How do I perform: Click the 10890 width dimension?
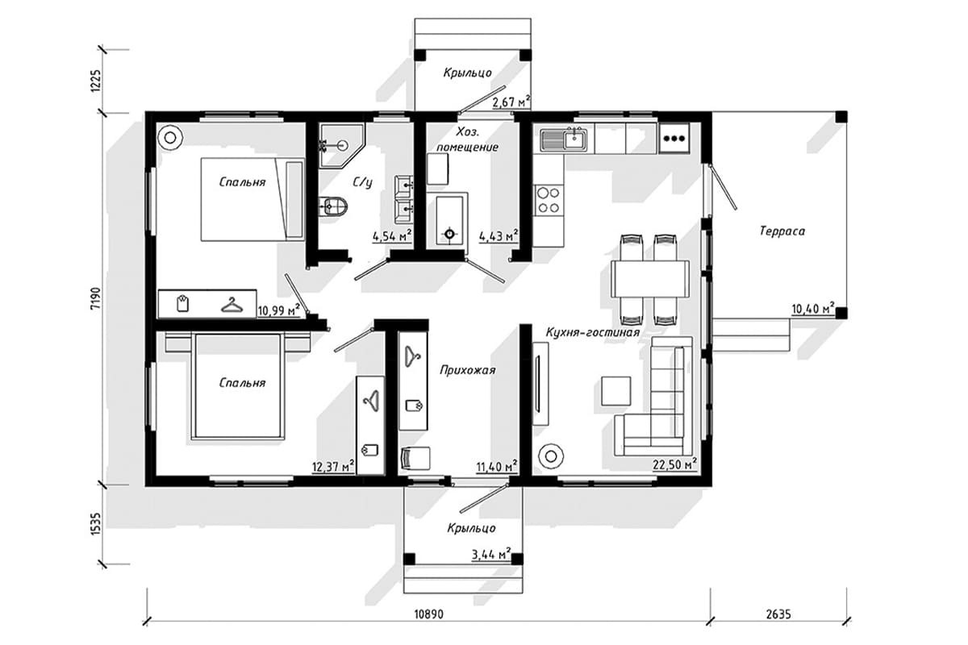[428, 614]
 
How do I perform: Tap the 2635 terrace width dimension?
[778, 614]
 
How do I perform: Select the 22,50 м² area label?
[674, 464]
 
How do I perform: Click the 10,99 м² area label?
[279, 310]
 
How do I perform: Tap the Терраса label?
[782, 231]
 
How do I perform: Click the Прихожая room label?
[468, 370]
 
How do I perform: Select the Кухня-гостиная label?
[592, 332]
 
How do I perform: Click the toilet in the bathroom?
[334, 207]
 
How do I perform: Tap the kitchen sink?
[564, 139]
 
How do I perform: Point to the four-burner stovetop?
[549, 200]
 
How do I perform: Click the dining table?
[650, 279]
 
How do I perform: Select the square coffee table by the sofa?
[615, 390]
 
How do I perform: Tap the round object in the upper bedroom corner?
[170, 138]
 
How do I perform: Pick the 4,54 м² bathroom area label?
[392, 237]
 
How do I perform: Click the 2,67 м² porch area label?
[511, 102]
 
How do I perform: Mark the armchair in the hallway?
[415, 458]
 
